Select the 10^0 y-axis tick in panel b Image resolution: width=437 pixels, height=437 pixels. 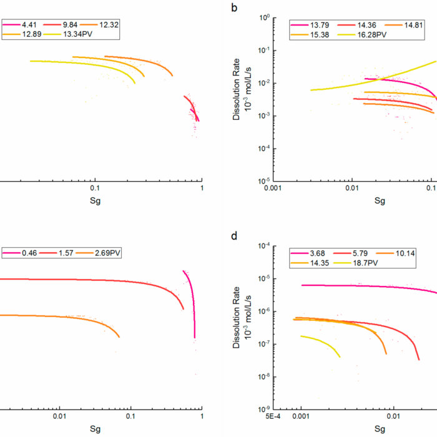265,17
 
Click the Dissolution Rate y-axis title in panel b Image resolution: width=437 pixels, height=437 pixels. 236,100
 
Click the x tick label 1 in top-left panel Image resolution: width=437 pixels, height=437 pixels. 202,188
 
